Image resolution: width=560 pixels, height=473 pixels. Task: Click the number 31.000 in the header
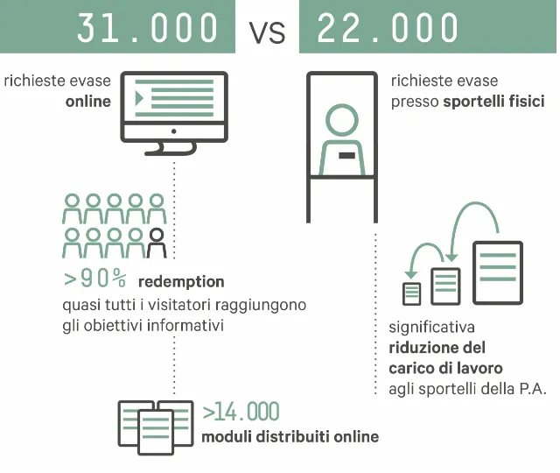[147, 28]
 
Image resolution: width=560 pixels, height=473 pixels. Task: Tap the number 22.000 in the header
[388, 28]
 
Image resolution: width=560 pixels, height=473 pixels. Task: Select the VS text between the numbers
[267, 32]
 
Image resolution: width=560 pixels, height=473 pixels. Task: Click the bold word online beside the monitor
[88, 102]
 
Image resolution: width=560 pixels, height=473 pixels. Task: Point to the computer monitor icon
[174, 113]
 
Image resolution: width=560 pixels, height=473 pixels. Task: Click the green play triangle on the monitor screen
[139, 98]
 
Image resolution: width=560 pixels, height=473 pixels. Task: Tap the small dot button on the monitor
[174, 131]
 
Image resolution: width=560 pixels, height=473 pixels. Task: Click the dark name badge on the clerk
[346, 155]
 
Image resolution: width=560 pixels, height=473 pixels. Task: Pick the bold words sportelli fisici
[493, 102]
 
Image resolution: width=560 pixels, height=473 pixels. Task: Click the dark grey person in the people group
[157, 244]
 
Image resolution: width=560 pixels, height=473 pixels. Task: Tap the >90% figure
[94, 279]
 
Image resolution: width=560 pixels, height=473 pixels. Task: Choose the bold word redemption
[181, 282]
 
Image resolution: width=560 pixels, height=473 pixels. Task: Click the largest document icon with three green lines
[498, 272]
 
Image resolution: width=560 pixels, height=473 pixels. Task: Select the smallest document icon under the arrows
[411, 294]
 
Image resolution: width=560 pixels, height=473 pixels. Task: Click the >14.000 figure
[241, 412]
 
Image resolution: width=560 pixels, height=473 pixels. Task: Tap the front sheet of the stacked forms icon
[156, 432]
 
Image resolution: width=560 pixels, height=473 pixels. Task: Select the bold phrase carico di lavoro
[445, 368]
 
